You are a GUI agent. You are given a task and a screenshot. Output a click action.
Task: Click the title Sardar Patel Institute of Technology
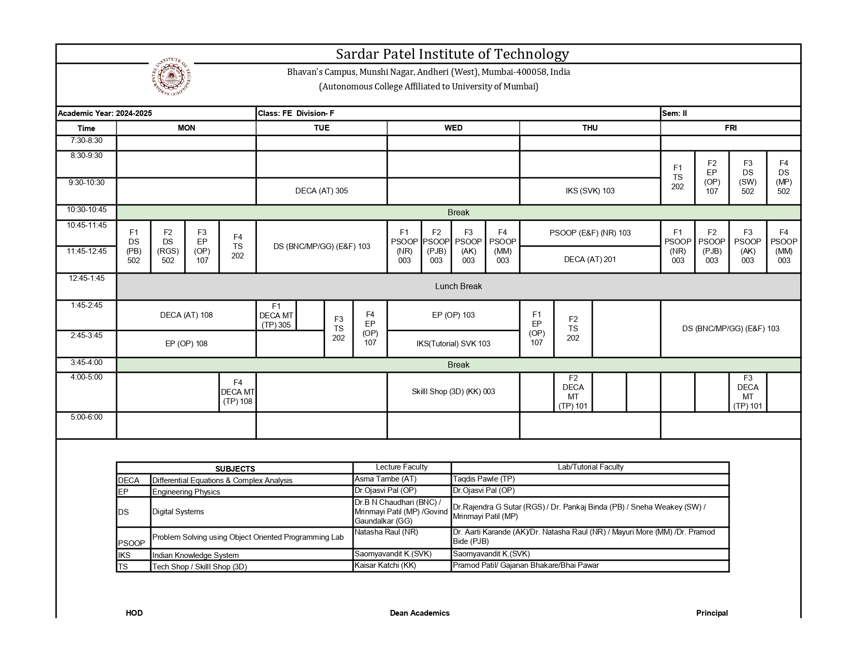click(452, 54)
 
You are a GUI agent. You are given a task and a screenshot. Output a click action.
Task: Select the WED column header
click(453, 128)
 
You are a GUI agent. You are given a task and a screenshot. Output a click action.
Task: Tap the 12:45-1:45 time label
click(86, 278)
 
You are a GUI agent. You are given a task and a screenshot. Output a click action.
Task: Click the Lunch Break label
click(458, 287)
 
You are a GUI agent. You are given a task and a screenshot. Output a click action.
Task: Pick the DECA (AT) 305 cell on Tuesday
click(321, 191)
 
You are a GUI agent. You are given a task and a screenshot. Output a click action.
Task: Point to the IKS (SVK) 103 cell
click(590, 191)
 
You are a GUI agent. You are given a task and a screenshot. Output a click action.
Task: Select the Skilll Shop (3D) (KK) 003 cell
click(453, 392)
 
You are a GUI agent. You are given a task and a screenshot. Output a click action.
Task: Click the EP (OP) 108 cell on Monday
click(186, 344)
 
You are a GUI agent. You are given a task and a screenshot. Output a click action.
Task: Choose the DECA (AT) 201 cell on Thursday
click(590, 259)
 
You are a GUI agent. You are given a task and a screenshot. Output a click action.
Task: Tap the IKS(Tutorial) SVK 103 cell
click(453, 344)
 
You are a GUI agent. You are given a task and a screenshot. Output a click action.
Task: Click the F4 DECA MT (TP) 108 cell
click(238, 392)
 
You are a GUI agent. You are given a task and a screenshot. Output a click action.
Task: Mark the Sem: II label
click(674, 113)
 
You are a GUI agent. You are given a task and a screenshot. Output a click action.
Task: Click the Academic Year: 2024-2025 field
click(105, 113)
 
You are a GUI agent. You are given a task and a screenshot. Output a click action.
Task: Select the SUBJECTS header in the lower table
click(235, 469)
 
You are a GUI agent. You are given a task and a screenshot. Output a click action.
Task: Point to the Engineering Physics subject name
click(186, 492)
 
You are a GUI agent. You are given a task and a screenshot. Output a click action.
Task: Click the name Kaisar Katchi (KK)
click(385, 565)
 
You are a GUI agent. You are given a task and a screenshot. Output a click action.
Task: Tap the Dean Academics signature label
click(420, 613)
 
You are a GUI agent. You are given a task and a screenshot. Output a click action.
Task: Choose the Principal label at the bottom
click(712, 613)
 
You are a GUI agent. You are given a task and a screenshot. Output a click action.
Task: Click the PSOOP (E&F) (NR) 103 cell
click(590, 233)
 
